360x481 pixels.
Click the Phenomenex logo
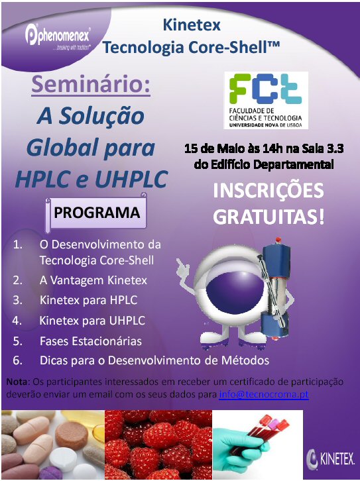tap(58, 37)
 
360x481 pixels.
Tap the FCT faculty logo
tap(266, 100)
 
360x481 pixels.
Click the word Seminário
tap(91, 84)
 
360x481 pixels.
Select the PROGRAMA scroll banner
tap(96, 213)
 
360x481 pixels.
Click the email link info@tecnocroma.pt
tap(264, 394)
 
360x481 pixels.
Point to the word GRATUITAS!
tap(269, 217)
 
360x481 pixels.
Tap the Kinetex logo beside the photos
tap(330, 459)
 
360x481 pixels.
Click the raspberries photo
tap(158, 445)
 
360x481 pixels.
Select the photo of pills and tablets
tap(53, 445)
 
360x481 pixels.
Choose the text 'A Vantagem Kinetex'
tap(93, 280)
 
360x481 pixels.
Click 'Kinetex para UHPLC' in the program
tap(92, 321)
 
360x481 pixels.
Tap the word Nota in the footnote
tap(18, 382)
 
